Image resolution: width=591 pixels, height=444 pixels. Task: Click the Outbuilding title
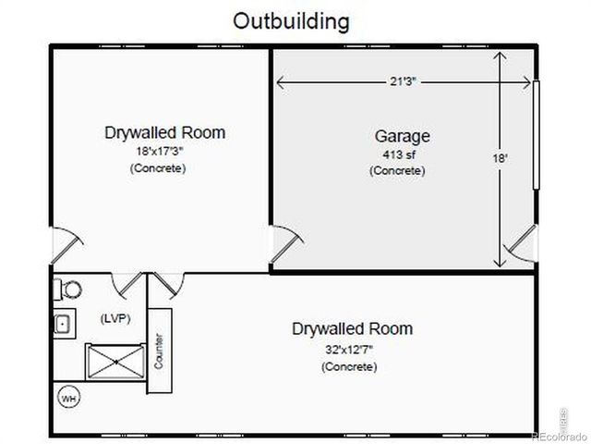tap(291, 21)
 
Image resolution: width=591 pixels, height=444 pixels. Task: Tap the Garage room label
tap(403, 137)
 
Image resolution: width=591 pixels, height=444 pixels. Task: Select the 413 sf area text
tap(399, 154)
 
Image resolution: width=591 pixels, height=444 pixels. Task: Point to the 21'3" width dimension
tap(403, 81)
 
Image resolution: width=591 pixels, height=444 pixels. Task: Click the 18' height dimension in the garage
tap(501, 158)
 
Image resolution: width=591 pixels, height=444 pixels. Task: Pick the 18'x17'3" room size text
tap(160, 152)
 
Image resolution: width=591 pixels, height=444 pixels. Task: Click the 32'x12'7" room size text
tap(349, 350)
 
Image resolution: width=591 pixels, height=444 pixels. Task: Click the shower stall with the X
tap(115, 362)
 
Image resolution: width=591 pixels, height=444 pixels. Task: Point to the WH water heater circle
tap(68, 398)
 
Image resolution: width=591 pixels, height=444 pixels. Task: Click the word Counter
tap(159, 351)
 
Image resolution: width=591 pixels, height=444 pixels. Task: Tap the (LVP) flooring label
tap(115, 318)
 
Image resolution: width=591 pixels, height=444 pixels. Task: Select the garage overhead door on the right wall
tap(536, 135)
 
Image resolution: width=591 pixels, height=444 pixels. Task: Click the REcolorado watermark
tap(559, 437)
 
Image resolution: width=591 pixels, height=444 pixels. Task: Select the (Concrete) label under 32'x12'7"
tap(349, 366)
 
